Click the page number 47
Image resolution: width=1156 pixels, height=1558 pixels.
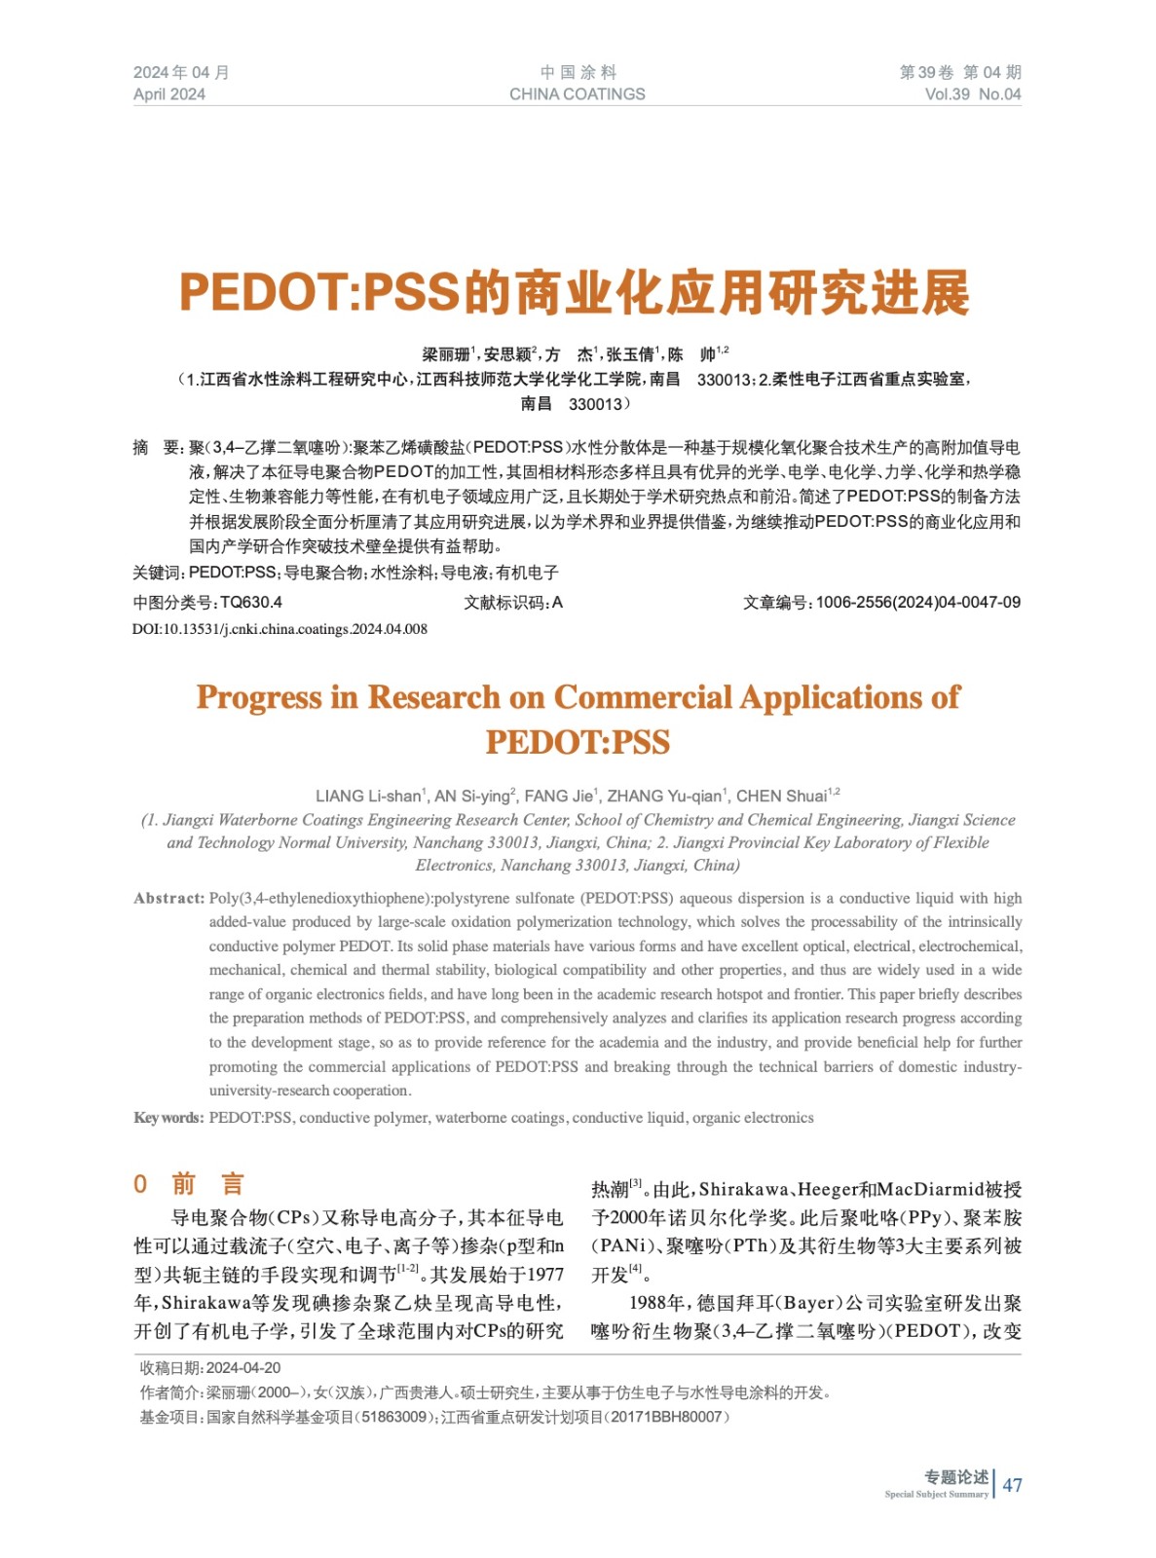(x=1012, y=1485)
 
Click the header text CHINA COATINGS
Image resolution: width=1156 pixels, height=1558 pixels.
(x=577, y=94)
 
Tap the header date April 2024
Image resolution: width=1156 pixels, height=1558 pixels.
(x=169, y=94)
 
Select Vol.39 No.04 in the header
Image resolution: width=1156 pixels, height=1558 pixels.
(x=972, y=94)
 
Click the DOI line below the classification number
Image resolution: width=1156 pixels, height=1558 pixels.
(x=280, y=629)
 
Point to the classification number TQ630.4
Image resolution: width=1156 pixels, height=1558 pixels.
(x=251, y=603)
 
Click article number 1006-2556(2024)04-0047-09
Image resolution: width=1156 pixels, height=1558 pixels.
(x=917, y=603)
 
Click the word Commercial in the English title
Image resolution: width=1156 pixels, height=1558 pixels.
(x=643, y=697)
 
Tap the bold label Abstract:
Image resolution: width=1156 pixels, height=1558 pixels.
(x=169, y=899)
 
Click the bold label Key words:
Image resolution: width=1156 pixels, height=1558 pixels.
(x=168, y=1118)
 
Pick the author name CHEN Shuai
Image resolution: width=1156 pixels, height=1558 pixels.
(x=781, y=797)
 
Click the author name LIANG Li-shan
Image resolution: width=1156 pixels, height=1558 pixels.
(x=368, y=797)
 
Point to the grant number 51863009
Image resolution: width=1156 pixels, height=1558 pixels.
(x=393, y=1417)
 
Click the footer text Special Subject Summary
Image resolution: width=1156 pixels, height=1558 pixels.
(x=936, y=1495)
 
